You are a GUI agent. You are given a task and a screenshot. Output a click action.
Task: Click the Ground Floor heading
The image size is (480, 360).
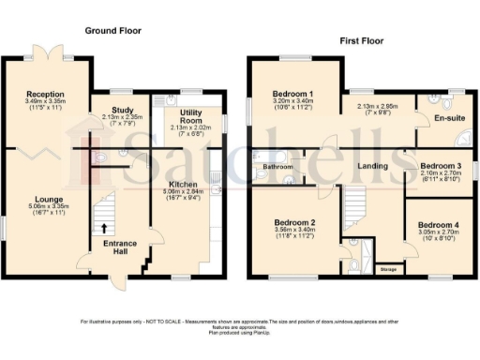113,30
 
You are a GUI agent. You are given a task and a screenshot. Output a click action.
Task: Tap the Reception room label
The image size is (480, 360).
45,95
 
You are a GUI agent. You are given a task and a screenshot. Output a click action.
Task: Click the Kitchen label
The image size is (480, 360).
183,184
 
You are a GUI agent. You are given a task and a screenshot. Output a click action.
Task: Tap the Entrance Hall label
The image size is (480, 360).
119,248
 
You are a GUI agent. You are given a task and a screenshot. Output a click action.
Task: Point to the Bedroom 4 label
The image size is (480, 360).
439,226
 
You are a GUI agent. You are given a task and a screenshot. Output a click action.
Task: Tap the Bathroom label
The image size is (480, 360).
278,167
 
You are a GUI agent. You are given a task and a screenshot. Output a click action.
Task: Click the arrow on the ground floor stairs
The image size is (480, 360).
103,227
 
